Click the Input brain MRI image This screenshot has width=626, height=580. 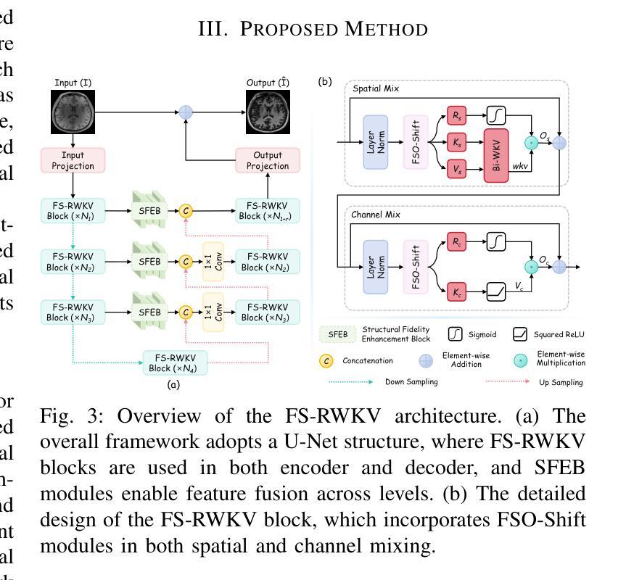pyautogui.click(x=73, y=112)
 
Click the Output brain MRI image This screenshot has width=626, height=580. pyautogui.click(x=267, y=112)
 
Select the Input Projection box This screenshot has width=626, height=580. pyautogui.click(x=73, y=160)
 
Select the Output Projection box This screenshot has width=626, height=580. pyautogui.click(x=267, y=160)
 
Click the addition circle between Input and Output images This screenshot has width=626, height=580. pyautogui.click(x=186, y=112)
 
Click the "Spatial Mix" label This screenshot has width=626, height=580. pyautogui.click(x=376, y=88)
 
